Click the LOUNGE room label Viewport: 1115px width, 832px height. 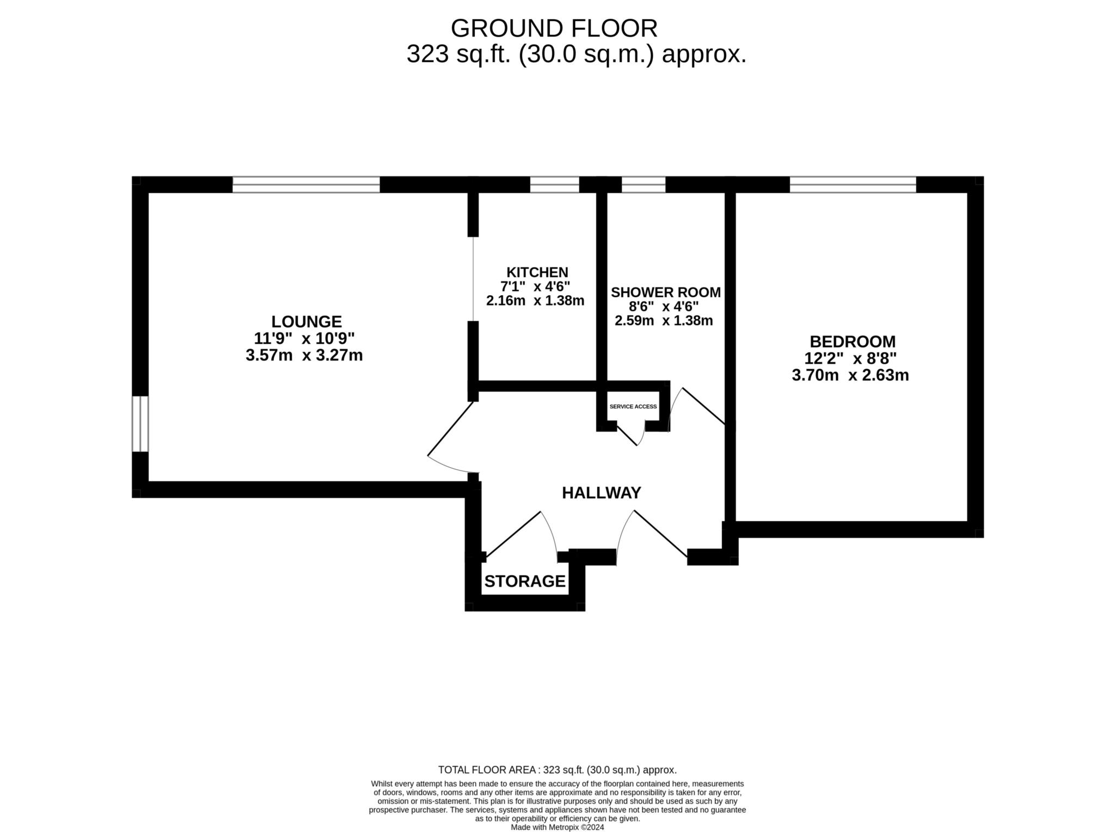pos(307,321)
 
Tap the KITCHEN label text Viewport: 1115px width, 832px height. pos(537,272)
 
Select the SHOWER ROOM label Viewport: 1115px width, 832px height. pos(665,292)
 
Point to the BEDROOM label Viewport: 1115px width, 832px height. pos(852,342)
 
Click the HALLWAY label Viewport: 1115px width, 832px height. pos(601,493)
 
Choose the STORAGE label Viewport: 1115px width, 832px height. pos(525,582)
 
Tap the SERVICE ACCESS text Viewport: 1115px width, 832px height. pos(633,407)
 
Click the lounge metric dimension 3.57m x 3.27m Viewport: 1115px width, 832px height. pos(304,356)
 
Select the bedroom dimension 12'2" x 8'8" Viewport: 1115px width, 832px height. pos(850,359)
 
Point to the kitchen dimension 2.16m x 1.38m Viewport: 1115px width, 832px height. pos(535,301)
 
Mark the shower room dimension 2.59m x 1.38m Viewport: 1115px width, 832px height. pos(663,321)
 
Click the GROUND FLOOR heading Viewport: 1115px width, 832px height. pos(554,28)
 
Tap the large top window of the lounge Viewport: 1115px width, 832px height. pos(306,185)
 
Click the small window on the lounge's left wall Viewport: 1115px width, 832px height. pos(140,424)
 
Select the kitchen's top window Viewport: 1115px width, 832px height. pos(554,185)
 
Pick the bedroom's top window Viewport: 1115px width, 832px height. pos(853,185)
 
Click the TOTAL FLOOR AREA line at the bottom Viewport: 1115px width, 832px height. pos(557,770)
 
